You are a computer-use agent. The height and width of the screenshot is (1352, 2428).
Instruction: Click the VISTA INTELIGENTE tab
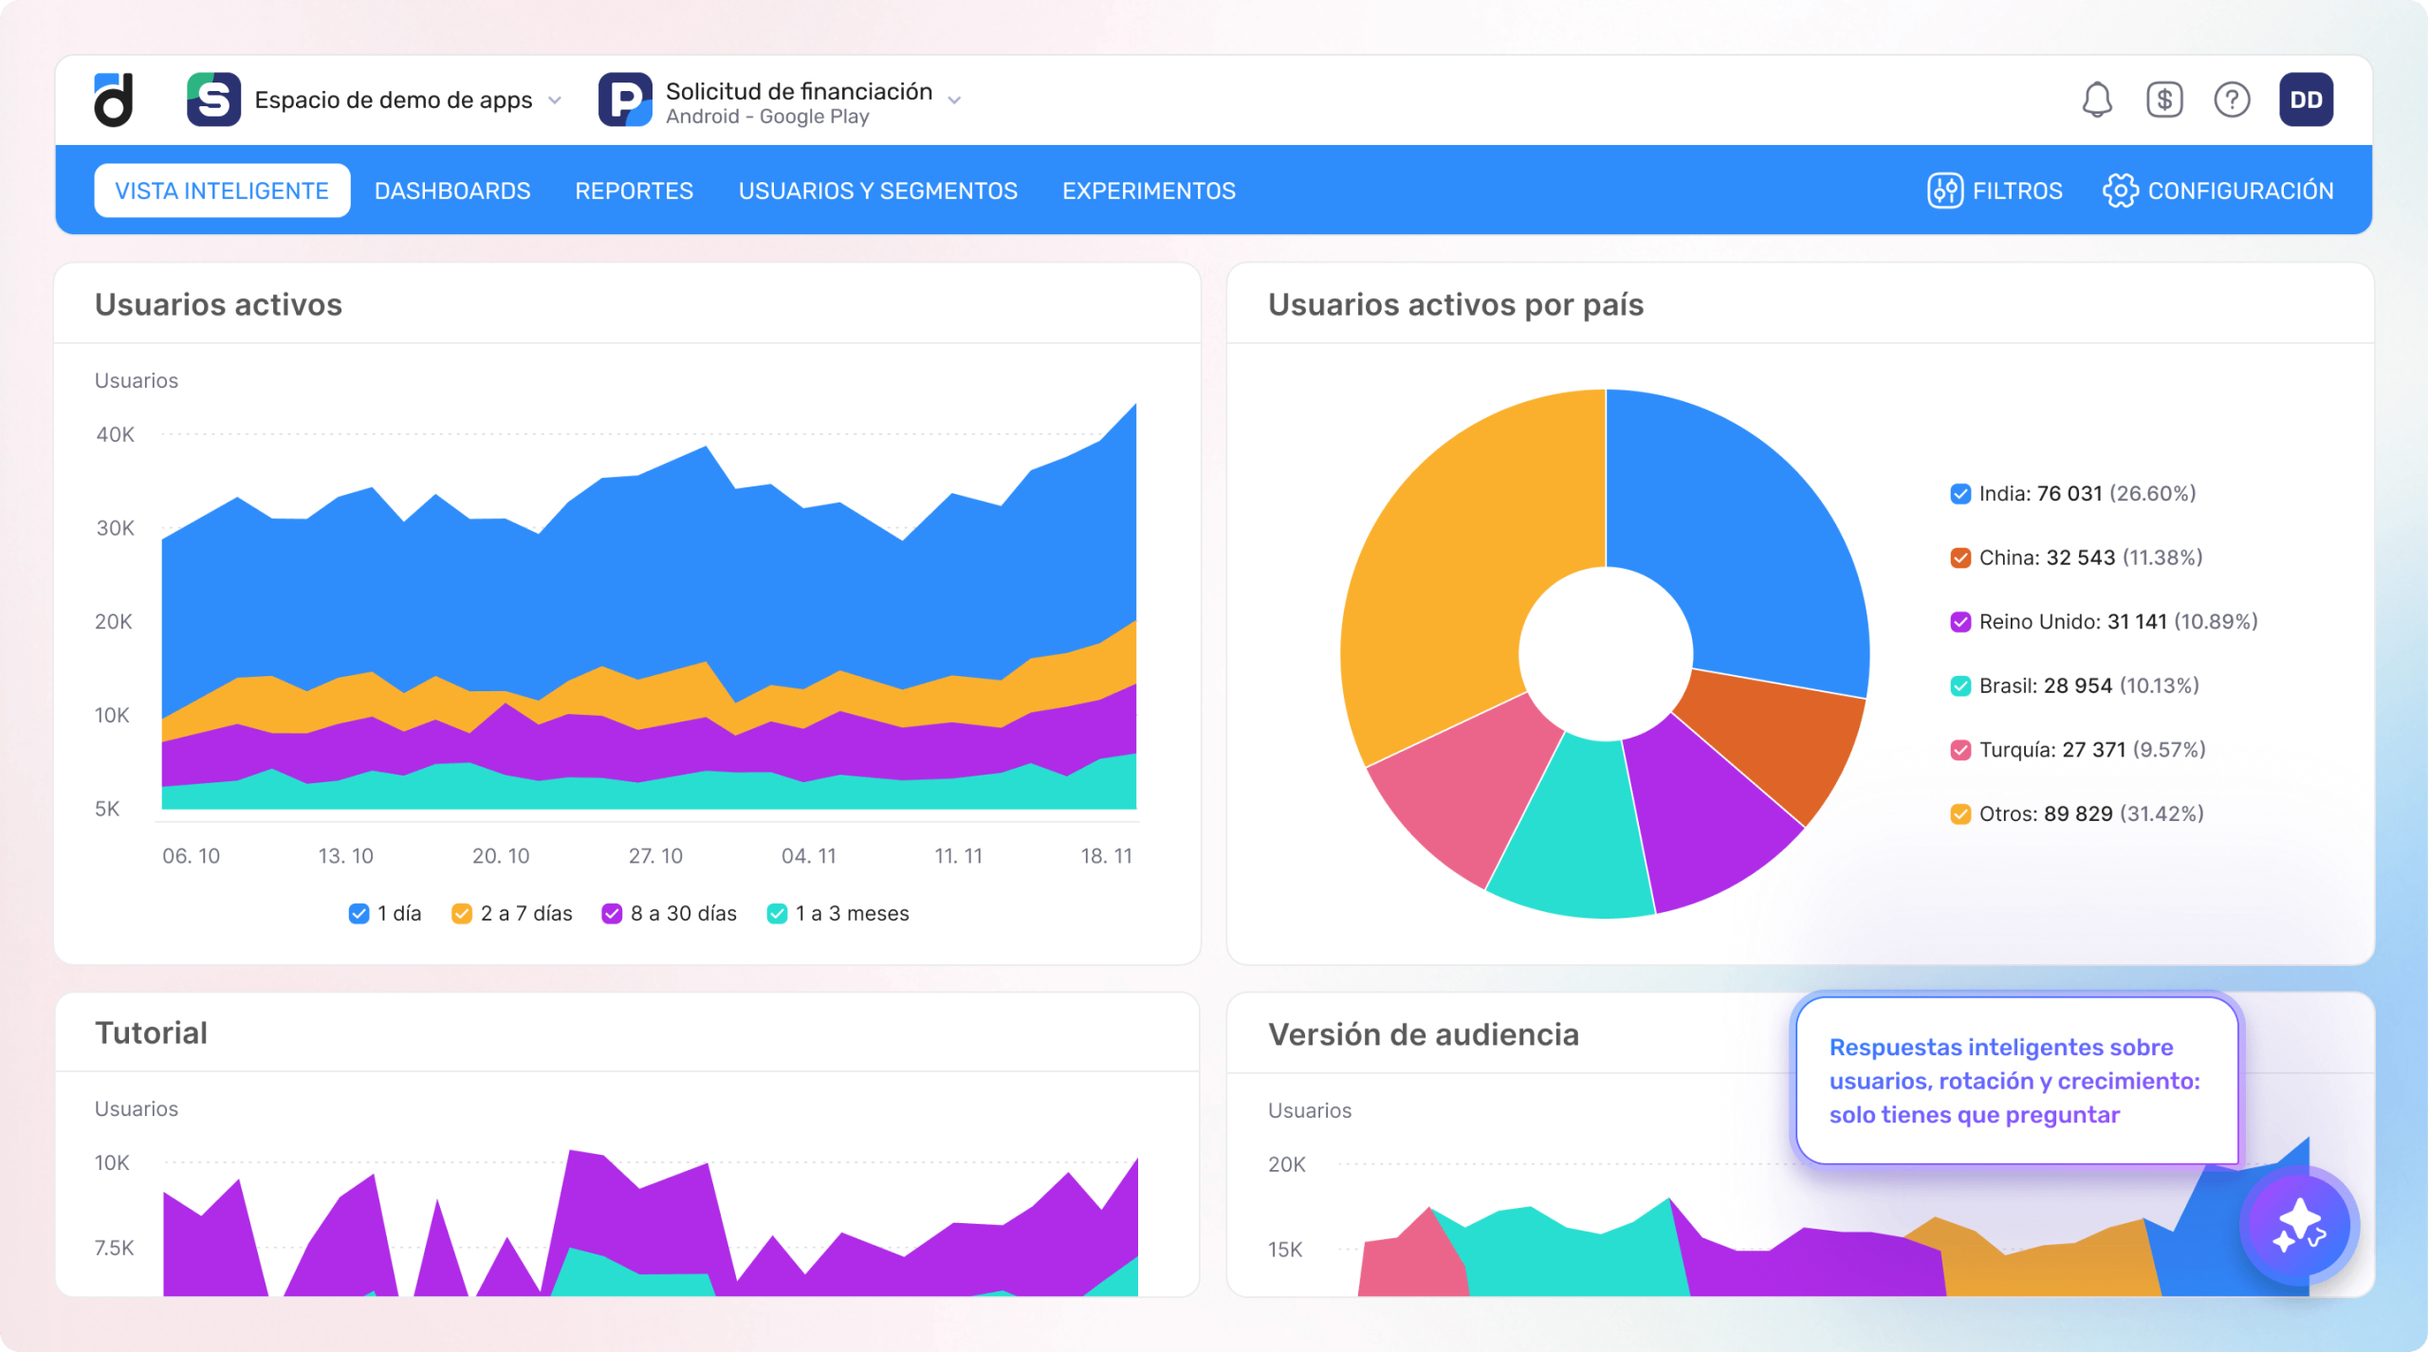222,191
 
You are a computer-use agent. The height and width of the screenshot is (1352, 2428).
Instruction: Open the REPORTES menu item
634,191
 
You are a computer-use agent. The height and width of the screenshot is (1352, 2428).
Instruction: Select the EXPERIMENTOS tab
1149,191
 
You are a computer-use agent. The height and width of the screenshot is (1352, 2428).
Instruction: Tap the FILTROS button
1996,191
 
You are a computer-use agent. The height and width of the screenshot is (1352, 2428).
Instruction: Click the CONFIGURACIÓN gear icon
2120,191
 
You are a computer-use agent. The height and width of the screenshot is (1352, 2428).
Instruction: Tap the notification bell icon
2097,100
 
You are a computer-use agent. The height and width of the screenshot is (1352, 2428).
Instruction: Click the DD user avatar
2306,100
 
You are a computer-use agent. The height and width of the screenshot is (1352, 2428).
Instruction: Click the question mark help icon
2232,100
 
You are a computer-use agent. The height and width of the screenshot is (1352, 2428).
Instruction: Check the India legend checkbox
1960,494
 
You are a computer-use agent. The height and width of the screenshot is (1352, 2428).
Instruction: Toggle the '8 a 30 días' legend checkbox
612,913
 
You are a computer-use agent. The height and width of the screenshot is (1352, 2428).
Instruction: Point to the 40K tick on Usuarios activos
115,434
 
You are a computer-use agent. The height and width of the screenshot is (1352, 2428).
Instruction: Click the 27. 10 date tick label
655,856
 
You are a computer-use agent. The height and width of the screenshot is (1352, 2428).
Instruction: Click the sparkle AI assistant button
2299,1226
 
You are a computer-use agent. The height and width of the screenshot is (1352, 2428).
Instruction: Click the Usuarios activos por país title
1455,304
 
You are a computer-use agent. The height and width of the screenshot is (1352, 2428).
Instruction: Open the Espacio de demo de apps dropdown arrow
556,100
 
